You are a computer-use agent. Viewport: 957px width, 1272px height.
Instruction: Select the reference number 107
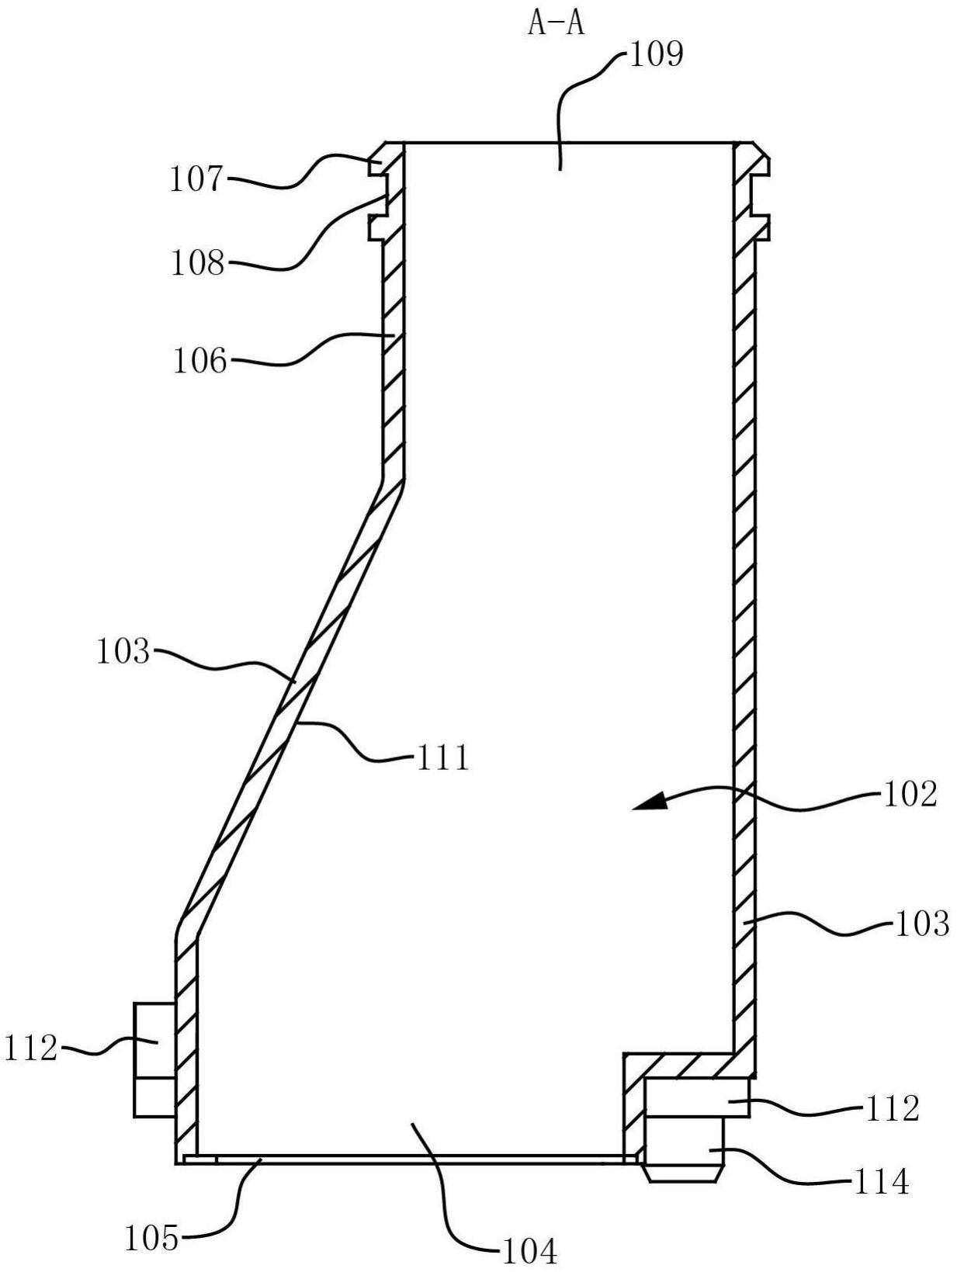[x=196, y=179]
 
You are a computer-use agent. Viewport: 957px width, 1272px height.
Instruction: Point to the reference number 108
[x=197, y=263]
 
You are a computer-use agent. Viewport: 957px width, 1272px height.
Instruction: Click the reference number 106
[x=199, y=361]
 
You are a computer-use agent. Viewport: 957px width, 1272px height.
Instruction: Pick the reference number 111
[x=442, y=757]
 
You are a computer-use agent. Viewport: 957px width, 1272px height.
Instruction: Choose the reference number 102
[x=910, y=794]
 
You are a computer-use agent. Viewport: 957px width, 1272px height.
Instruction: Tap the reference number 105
[x=152, y=1239]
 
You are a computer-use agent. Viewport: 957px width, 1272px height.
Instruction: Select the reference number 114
[x=880, y=1182]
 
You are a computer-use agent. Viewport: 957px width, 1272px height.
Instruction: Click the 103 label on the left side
[x=123, y=652]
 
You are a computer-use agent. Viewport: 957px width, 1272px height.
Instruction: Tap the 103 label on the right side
[x=922, y=924]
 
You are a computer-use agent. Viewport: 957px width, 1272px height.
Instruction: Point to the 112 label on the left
[x=31, y=1049]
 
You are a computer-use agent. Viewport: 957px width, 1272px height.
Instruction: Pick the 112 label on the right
[x=892, y=1109]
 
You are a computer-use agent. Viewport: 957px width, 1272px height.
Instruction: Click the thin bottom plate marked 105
[x=411, y=1158]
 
